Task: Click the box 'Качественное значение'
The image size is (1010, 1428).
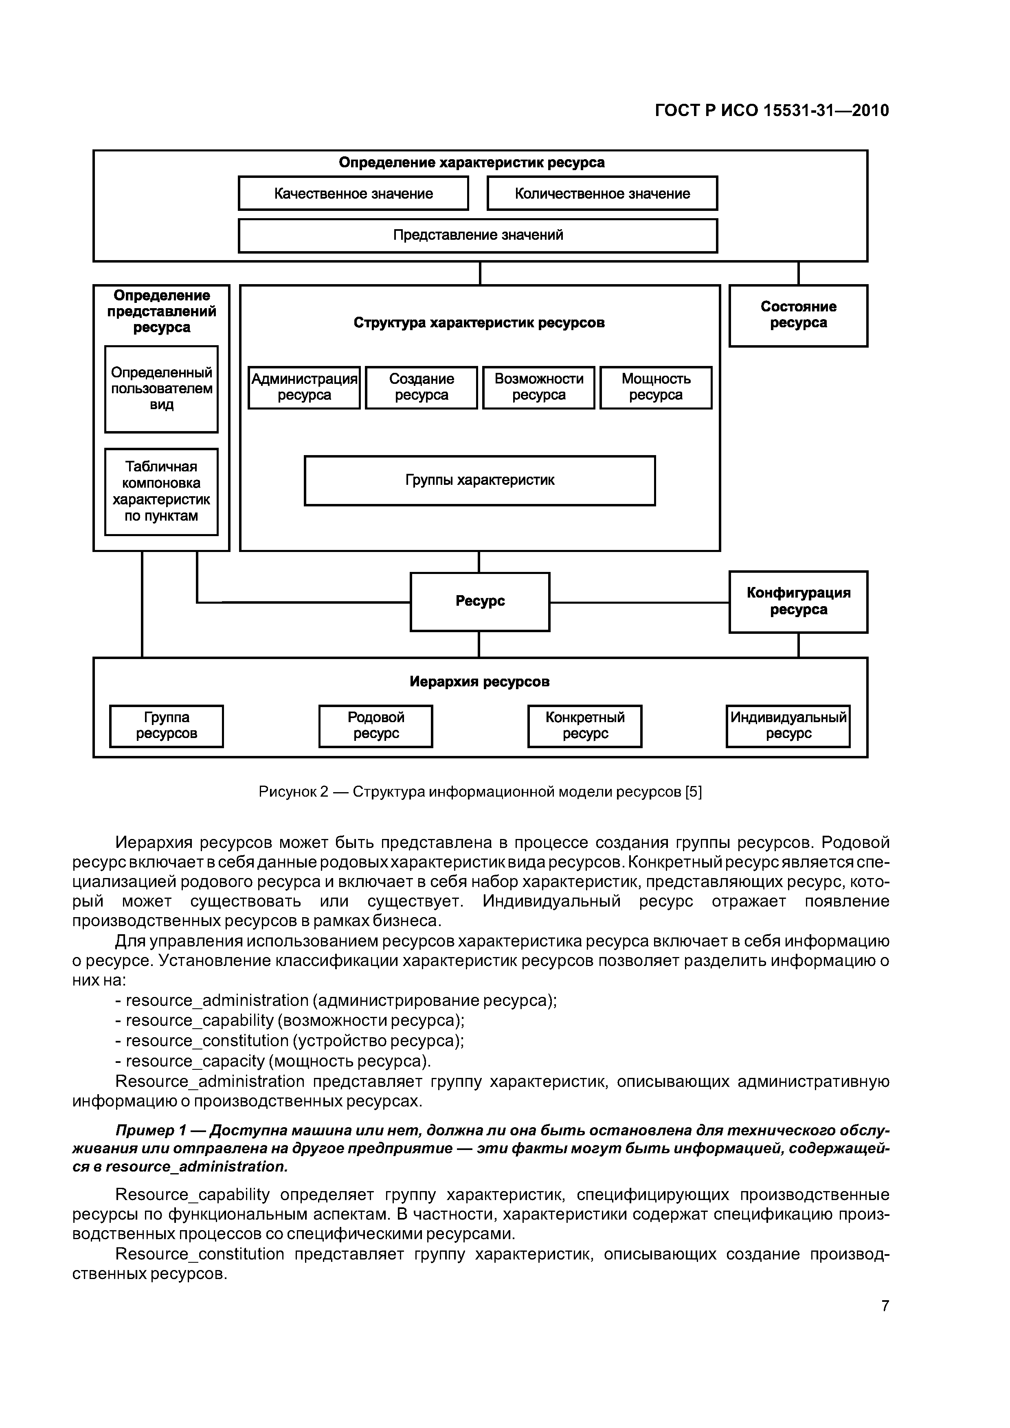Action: (x=353, y=193)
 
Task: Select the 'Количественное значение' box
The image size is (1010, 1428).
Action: (x=602, y=193)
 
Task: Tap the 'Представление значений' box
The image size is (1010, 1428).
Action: (x=478, y=235)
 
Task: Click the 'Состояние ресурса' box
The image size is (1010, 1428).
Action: (x=798, y=315)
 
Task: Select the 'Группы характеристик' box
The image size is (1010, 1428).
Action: (x=480, y=481)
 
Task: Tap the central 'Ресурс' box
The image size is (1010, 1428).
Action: (x=480, y=601)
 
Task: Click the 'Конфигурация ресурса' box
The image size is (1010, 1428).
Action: (x=798, y=601)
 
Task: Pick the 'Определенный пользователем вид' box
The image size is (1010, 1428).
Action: (x=161, y=389)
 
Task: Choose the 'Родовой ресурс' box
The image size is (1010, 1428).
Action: (x=376, y=726)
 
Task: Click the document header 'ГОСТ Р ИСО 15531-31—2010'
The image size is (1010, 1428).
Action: (x=772, y=111)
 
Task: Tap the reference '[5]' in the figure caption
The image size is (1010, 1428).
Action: (x=693, y=792)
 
